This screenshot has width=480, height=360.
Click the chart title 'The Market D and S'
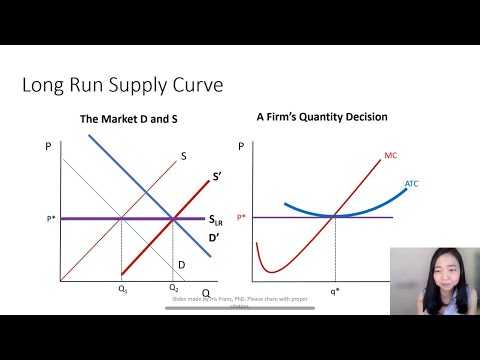(x=128, y=120)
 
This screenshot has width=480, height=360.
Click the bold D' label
(x=214, y=237)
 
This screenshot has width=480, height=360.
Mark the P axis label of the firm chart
(x=241, y=146)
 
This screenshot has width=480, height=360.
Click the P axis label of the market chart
(x=48, y=146)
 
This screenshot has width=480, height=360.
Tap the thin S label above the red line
(x=184, y=156)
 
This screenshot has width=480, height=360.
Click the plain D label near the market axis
(x=181, y=264)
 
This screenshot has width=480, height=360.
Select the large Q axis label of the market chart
(x=205, y=293)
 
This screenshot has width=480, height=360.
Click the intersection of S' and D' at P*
(x=174, y=218)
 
